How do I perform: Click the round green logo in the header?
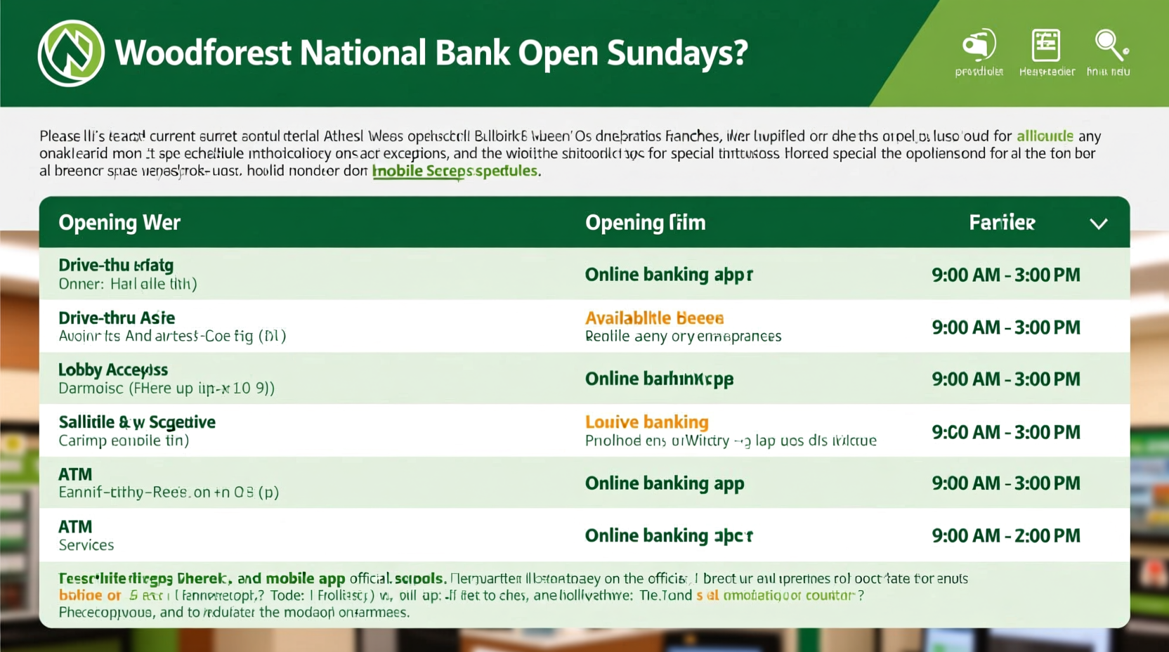click(71, 53)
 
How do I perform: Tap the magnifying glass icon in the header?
click(1110, 46)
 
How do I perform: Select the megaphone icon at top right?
click(979, 46)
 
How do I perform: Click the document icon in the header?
click(1045, 46)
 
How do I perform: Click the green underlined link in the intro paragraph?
click(455, 171)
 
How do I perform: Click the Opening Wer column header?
click(119, 223)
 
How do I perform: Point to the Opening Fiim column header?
click(645, 223)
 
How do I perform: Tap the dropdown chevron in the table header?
click(1099, 223)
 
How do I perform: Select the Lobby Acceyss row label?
click(113, 370)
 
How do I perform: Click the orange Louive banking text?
click(646, 422)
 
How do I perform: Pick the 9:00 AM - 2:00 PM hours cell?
click(1005, 535)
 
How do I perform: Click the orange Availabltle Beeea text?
click(654, 318)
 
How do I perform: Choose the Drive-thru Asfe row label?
click(117, 318)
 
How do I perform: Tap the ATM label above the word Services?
click(75, 526)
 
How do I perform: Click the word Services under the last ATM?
click(86, 545)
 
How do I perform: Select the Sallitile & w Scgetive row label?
click(137, 422)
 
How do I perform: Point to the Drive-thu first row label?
click(116, 265)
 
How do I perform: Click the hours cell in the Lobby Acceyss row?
click(1005, 379)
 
